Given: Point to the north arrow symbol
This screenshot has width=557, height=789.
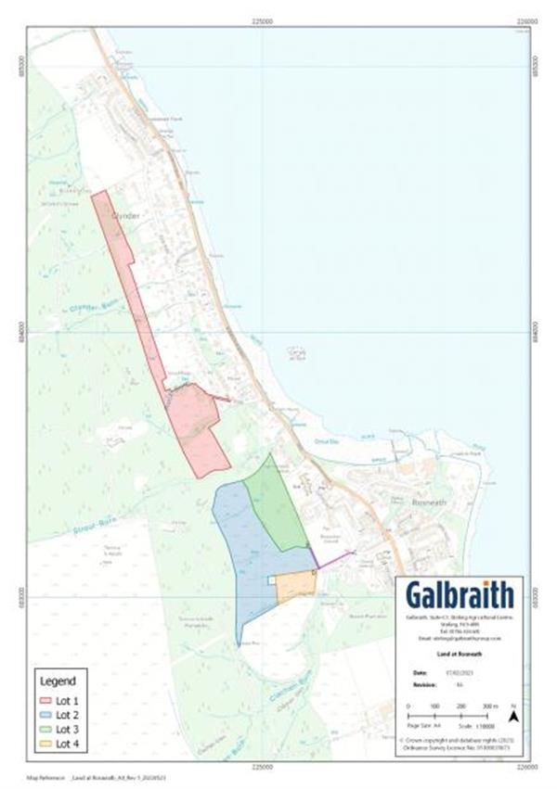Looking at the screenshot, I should coord(512,715).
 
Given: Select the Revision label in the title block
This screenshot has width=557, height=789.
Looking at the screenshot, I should coord(421,684).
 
